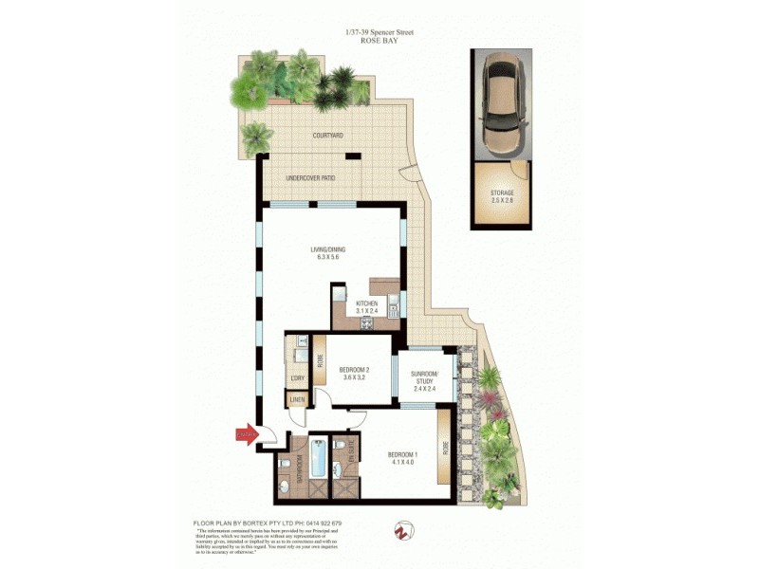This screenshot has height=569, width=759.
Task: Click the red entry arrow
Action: (246, 435)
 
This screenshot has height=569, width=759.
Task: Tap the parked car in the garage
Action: (502, 104)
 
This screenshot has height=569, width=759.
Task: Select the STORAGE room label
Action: (502, 193)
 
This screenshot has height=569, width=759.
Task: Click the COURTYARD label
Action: (327, 136)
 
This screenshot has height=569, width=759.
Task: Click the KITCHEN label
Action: (367, 304)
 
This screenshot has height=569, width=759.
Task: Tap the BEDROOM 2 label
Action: (353, 369)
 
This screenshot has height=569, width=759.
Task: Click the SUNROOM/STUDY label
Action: (424, 376)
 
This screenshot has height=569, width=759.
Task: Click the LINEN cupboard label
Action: (298, 399)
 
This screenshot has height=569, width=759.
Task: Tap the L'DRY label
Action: (296, 378)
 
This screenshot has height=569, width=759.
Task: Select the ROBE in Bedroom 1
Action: (443, 450)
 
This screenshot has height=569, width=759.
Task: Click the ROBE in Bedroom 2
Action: (321, 360)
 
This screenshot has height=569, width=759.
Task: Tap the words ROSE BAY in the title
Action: (379, 42)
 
